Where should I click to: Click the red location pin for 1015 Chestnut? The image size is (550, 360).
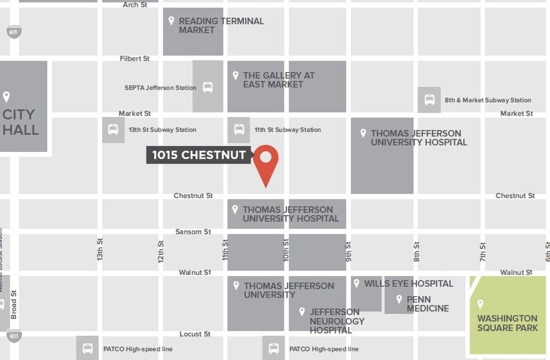pyautogui.click(x=266, y=160)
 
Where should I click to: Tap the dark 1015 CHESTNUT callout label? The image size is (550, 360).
pyautogui.click(x=199, y=155)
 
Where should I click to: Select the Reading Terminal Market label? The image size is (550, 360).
pyautogui.click(x=221, y=25)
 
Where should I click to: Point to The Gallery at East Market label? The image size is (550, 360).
pyautogui.click(x=278, y=80)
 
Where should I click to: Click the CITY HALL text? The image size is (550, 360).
pyautogui.click(x=20, y=122)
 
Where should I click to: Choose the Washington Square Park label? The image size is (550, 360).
pyautogui.click(x=507, y=323)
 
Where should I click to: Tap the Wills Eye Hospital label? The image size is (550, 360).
pyautogui.click(x=408, y=283)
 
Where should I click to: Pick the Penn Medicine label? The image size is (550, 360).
pyautogui.click(x=428, y=304)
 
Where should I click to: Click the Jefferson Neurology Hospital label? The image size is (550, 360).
pyautogui.click(x=336, y=321)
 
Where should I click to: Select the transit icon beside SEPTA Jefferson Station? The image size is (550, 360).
pyautogui.click(x=208, y=88)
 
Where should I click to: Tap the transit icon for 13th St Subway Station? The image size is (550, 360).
pyautogui.click(x=113, y=130)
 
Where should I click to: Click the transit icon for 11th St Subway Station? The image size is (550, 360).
pyautogui.click(x=239, y=130)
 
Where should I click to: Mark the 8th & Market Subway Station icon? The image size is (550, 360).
pyautogui.click(x=429, y=100)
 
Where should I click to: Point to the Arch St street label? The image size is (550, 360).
pyautogui.click(x=135, y=5)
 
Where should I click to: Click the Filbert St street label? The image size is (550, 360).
pyautogui.click(x=135, y=59)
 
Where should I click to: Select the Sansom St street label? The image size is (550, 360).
pyautogui.click(x=193, y=232)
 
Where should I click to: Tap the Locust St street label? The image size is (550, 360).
pyautogui.click(x=195, y=334)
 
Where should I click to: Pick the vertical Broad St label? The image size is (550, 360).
pyautogui.click(x=14, y=304)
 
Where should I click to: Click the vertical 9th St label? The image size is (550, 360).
pyautogui.click(x=348, y=251)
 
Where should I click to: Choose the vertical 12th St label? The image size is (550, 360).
pyautogui.click(x=161, y=250)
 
